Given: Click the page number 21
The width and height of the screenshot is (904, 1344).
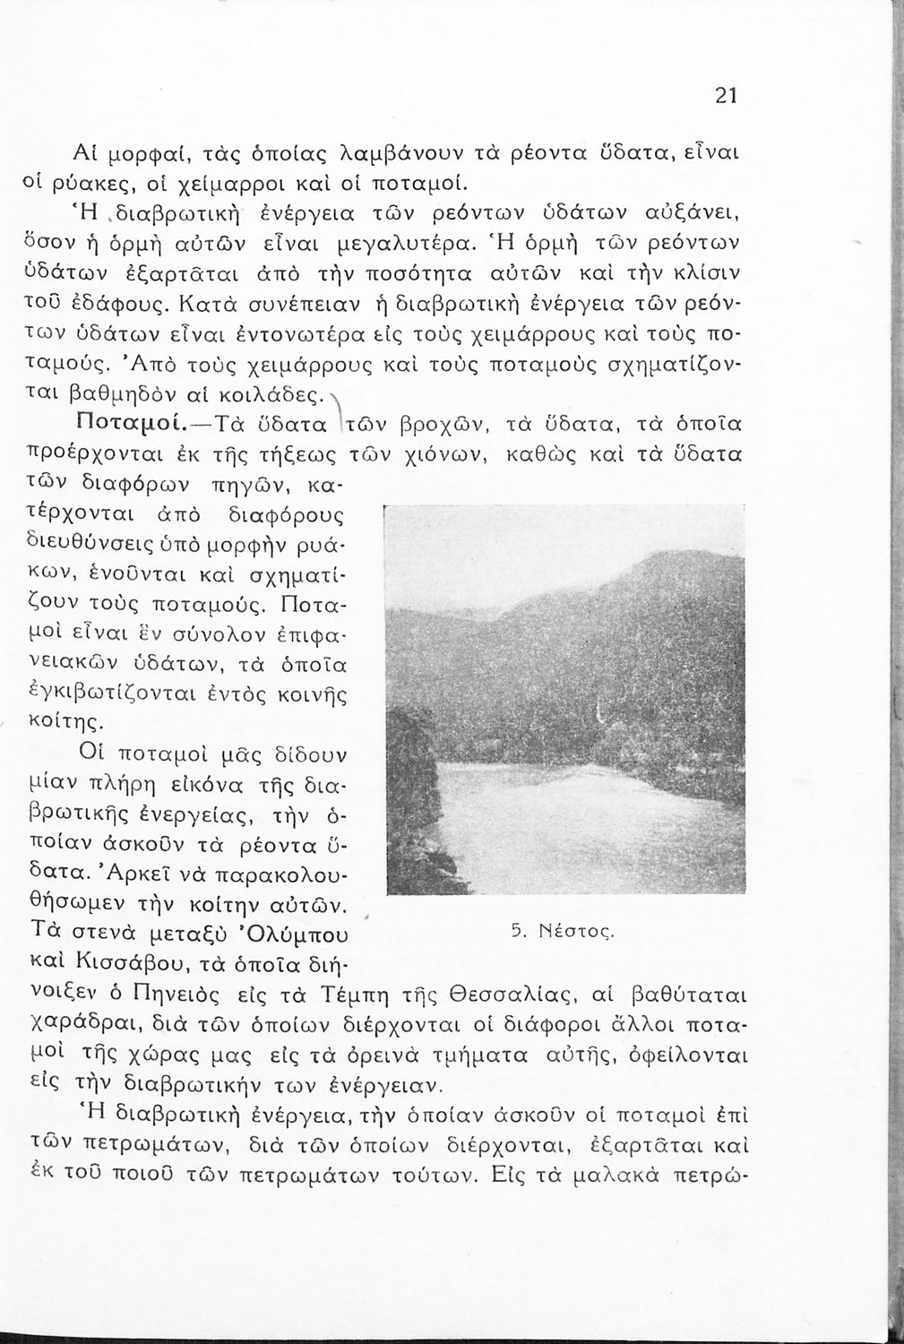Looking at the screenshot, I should tap(726, 96).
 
